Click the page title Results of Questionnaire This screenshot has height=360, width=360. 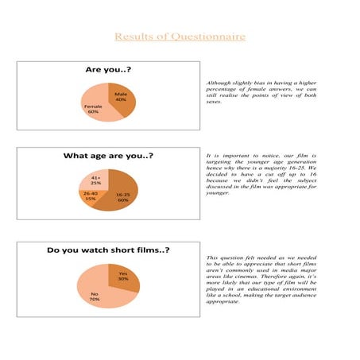coord(180,37)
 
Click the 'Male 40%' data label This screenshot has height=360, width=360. coord(121,97)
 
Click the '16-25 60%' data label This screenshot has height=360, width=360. coord(123,197)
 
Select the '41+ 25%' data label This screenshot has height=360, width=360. coord(95,180)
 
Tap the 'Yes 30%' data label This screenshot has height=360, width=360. coord(123,276)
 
